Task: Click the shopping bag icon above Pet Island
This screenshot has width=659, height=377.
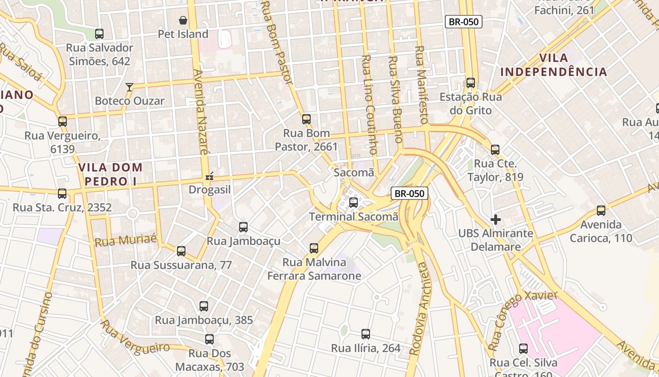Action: pyautogui.click(x=183, y=20)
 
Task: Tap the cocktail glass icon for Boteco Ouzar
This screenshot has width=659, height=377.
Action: pyautogui.click(x=129, y=87)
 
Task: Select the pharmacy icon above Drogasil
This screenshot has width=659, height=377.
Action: pyautogui.click(x=209, y=177)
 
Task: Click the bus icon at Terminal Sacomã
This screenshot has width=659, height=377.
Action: pyautogui.click(x=354, y=203)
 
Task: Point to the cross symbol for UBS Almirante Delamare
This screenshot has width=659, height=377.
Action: pyautogui.click(x=495, y=220)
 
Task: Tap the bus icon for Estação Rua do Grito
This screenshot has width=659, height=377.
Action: pyautogui.click(x=470, y=83)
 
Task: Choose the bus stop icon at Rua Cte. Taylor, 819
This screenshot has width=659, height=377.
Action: pyautogui.click(x=495, y=150)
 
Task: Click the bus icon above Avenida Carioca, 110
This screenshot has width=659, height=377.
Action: pyautogui.click(x=601, y=211)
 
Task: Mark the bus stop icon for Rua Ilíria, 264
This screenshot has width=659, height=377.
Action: pyautogui.click(x=366, y=334)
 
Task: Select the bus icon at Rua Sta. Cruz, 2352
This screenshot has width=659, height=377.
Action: pyautogui.click(x=62, y=194)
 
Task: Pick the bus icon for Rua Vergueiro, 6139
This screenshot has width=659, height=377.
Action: pyautogui.click(x=63, y=122)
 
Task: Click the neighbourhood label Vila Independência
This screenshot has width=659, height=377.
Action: pyautogui.click(x=554, y=65)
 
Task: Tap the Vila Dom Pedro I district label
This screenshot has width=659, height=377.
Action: pyautogui.click(x=110, y=174)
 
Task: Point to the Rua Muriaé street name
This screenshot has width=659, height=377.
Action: pyautogui.click(x=126, y=241)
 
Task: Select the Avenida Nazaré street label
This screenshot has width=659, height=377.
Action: pyautogui.click(x=200, y=112)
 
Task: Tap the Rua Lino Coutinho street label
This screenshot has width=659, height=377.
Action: pyautogui.click(x=369, y=105)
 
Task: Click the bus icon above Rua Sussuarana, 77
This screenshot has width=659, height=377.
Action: pyautogui.click(x=181, y=251)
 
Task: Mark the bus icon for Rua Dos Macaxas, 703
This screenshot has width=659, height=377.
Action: pyautogui.click(x=209, y=339)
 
